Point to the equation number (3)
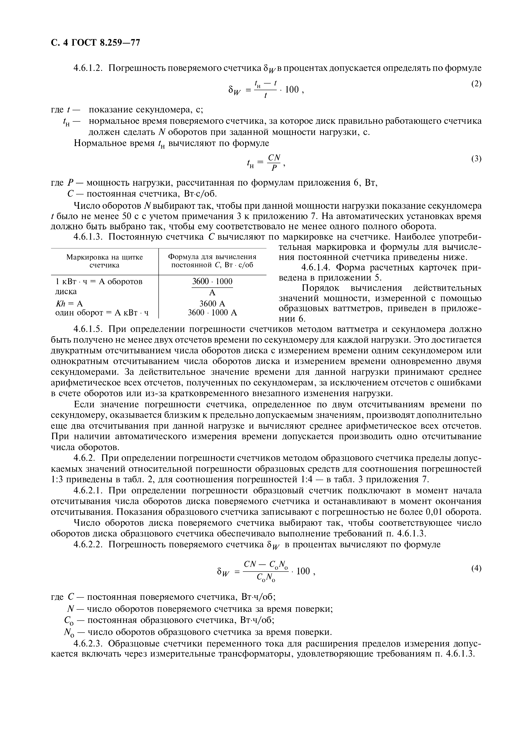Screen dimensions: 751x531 coord(476,159)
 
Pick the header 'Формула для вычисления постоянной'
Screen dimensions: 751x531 coord(212,261)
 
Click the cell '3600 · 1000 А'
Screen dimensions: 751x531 coord(212,313)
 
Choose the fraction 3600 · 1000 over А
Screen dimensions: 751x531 coord(212,287)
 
